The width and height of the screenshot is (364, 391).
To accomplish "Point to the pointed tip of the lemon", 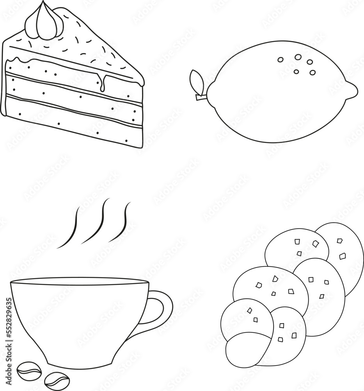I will (x=353, y=91).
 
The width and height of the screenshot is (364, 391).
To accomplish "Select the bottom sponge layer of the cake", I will (x=70, y=115).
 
